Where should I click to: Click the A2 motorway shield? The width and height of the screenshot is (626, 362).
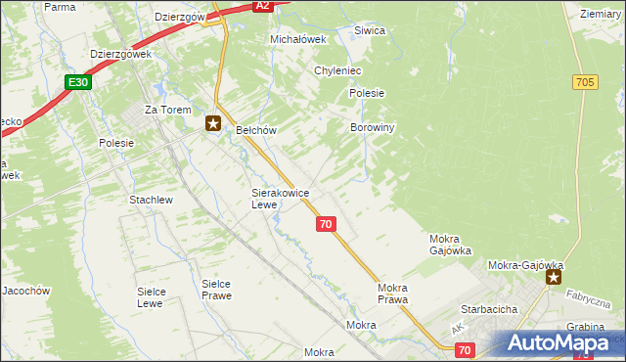pos(261,6)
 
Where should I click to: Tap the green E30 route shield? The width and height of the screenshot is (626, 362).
pos(79,83)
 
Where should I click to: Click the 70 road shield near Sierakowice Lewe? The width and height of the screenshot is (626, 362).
pos(327,224)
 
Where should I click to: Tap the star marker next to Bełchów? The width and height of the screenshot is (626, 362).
pos(213,123)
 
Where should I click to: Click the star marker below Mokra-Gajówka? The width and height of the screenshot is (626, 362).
pos(555,278)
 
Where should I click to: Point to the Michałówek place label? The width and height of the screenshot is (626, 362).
pos(295,39)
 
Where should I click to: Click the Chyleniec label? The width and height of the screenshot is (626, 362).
pos(338,71)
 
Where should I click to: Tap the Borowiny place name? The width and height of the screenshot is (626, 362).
pos(372,127)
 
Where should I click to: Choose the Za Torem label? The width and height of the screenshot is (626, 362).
pos(164,110)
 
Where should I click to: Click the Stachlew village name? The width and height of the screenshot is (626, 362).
pos(151,200)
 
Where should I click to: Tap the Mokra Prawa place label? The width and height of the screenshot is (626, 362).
pos(393,294)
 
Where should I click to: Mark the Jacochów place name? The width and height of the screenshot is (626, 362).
pos(25,291)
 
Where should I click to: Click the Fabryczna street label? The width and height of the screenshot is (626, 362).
pos(592,297)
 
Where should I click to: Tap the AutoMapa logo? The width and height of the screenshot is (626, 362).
pos(563,342)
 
